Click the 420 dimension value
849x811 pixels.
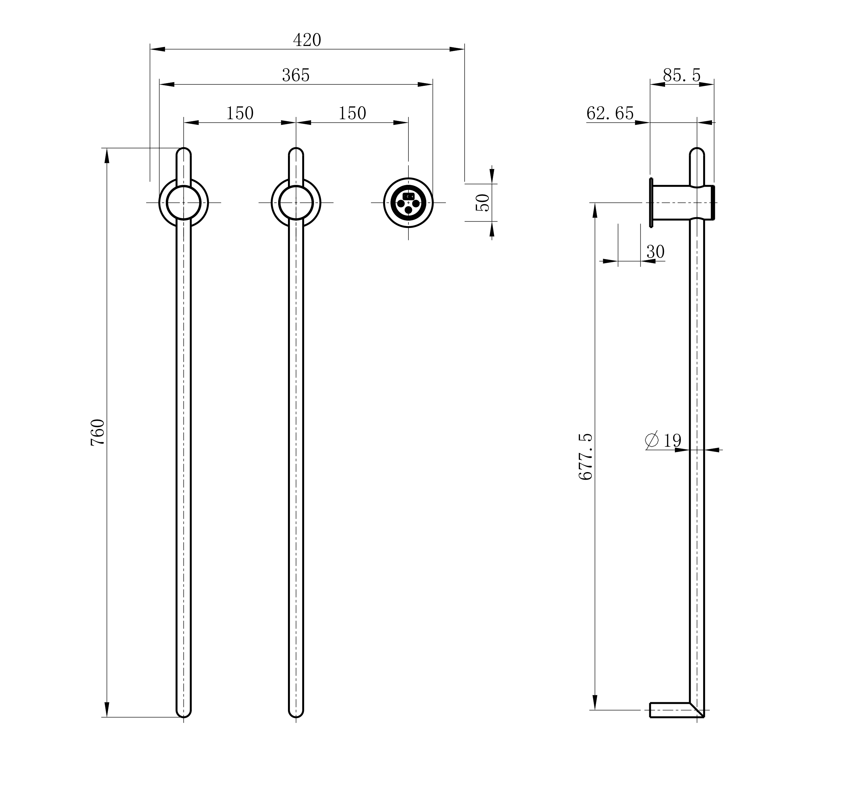point(307,40)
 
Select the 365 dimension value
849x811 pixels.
point(296,76)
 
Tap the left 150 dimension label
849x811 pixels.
point(240,114)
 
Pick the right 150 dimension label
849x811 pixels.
point(352,114)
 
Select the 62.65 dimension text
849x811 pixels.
point(610,114)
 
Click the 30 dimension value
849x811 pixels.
point(655,252)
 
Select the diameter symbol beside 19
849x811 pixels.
point(651,440)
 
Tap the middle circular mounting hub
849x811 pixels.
point(296,202)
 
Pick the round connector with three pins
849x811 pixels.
point(408,202)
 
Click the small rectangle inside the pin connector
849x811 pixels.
point(408,196)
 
